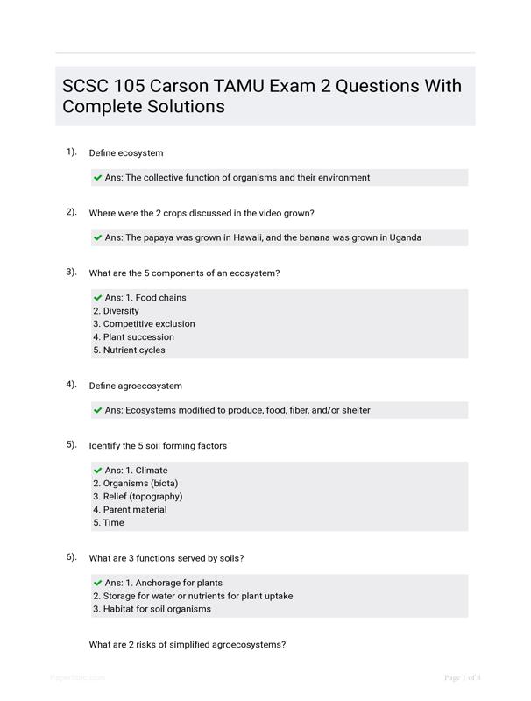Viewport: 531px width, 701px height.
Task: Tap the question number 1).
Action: pyautogui.click(x=71, y=152)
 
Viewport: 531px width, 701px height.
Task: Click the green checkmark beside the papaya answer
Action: pyautogui.click(x=97, y=237)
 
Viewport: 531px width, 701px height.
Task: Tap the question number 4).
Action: pyautogui.click(x=71, y=385)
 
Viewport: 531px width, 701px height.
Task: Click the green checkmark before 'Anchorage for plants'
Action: pyautogui.click(x=97, y=583)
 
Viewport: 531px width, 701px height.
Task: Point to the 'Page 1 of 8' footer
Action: pyautogui.click(x=463, y=677)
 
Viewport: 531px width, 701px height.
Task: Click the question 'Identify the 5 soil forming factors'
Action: pyautogui.click(x=158, y=446)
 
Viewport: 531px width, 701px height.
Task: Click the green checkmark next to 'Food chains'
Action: pyautogui.click(x=97, y=298)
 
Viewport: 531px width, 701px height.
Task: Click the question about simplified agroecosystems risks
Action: pyautogui.click(x=188, y=645)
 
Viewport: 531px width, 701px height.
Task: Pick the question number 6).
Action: pyautogui.click(x=71, y=557)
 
